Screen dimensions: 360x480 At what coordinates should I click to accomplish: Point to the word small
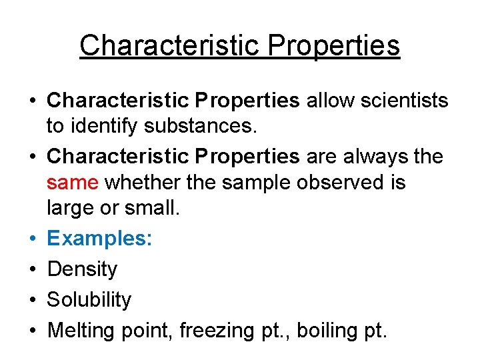[x=151, y=208]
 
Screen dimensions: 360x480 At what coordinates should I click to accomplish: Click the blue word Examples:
[x=99, y=238]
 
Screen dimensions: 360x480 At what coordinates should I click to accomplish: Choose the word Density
[x=82, y=269]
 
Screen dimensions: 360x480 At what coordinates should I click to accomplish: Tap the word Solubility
[x=89, y=300]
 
